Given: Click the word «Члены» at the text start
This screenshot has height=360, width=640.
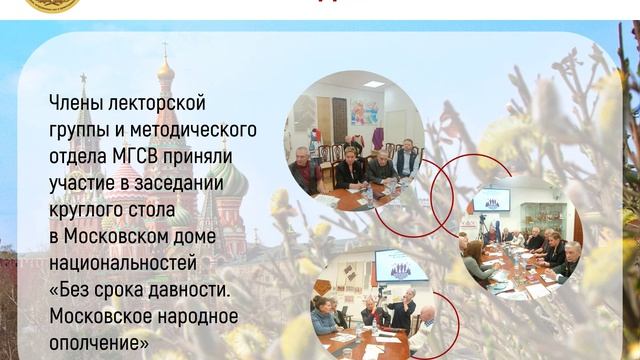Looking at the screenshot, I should (x=73, y=103).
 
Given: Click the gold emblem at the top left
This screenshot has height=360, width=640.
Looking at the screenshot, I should (x=52, y=4).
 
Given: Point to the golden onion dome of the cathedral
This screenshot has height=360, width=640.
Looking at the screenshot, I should (x=165, y=70).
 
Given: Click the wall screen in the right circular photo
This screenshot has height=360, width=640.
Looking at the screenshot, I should (x=491, y=200).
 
